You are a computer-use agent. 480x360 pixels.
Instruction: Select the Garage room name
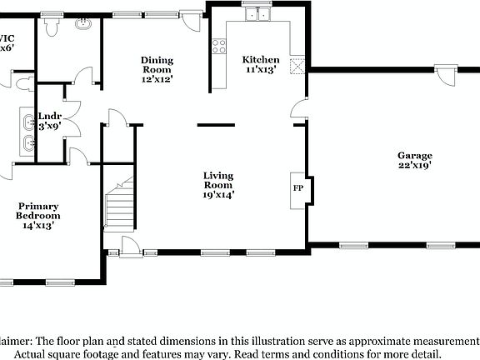pos(414,156)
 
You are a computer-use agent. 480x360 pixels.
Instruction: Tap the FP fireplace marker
pos(297,187)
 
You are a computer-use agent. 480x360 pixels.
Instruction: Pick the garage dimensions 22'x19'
pos(414,166)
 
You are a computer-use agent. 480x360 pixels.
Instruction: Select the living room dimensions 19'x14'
pos(219,195)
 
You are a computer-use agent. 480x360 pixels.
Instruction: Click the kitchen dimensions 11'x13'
pos(261,70)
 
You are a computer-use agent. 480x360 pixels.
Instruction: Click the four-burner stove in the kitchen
pos(220,47)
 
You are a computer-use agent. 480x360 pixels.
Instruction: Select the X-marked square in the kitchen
pos(297,67)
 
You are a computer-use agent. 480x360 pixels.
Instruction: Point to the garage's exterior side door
pos(447,77)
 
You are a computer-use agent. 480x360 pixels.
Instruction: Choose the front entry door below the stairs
pos(129,245)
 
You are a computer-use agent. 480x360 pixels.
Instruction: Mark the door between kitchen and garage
pos(298,109)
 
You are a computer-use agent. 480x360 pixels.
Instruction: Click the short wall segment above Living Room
pos(216,125)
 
